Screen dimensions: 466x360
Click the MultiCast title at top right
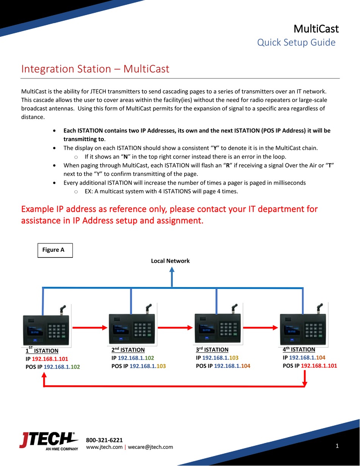click(x=316, y=28)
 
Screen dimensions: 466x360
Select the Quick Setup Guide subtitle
click(x=296, y=42)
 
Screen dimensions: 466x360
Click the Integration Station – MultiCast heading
click(x=95, y=69)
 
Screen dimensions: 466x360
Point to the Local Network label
click(x=170, y=261)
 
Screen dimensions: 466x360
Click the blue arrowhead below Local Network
click(x=172, y=270)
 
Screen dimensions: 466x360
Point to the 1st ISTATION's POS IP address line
click(x=53, y=367)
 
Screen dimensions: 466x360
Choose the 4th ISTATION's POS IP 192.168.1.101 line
click(x=310, y=366)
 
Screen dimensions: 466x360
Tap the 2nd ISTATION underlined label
click(x=128, y=350)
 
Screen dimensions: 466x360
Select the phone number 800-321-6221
click(x=104, y=440)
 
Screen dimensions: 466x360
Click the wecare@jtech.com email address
click(x=150, y=447)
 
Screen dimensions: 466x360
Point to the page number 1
click(x=337, y=446)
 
